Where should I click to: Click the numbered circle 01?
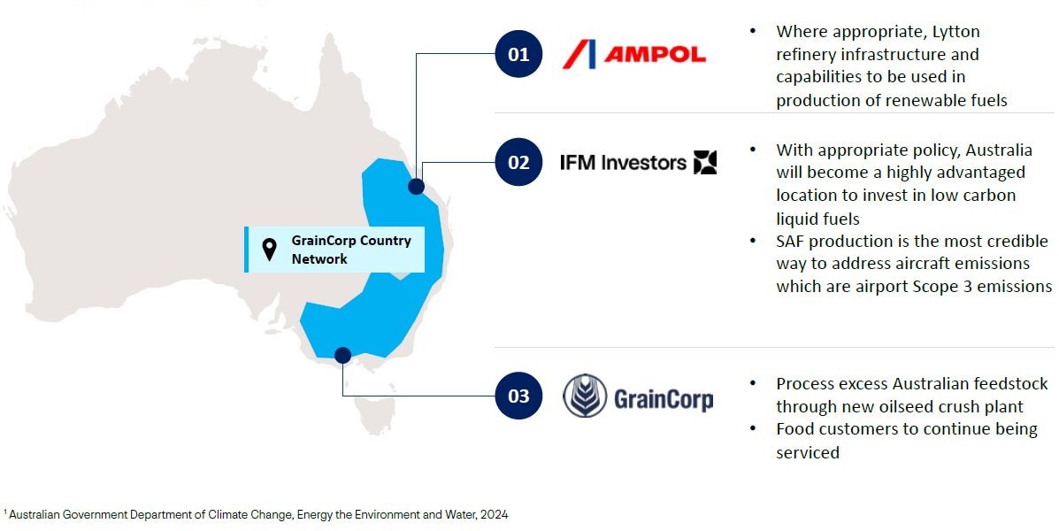point(518,54)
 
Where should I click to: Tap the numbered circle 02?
point(518,162)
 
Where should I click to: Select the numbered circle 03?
point(518,396)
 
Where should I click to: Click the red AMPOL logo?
point(633,54)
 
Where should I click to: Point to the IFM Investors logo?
point(638,162)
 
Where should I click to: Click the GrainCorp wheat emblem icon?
point(585,396)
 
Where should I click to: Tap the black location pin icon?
point(269,250)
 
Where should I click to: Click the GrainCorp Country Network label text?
point(351,250)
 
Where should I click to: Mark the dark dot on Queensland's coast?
point(416,187)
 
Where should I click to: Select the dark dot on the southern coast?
point(342,356)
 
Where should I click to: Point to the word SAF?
point(790,242)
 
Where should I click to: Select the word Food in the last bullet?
point(793,429)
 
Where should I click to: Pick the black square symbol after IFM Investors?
point(705,162)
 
